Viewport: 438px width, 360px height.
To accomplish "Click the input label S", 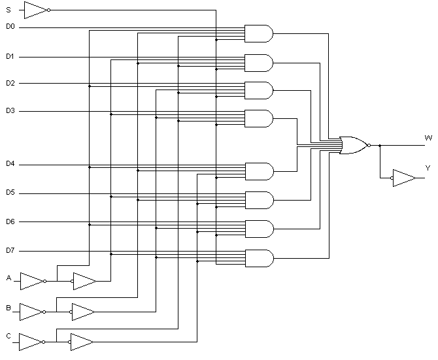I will (x=8, y=10).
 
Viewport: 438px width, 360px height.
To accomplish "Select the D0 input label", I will (x=10, y=27).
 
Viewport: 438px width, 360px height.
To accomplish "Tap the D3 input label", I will (x=10, y=111).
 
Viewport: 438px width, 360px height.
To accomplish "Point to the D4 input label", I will (x=10, y=163).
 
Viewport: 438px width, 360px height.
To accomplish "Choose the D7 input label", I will (x=10, y=250).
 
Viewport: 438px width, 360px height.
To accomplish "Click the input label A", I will (x=9, y=278).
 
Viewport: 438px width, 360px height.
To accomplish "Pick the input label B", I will (x=9, y=306).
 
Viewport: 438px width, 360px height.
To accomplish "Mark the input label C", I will (x=9, y=336).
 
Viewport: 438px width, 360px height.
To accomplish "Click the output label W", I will (x=428, y=138).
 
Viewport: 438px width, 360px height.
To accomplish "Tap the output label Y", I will (x=428, y=168).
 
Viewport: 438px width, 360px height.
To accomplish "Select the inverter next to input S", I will (x=35, y=10).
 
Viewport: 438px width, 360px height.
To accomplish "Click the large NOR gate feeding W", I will (x=354, y=145).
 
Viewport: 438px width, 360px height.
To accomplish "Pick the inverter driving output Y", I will (x=403, y=178).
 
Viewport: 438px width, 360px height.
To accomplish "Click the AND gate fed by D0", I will (x=258, y=33).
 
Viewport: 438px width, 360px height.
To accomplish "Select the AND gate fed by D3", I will (x=258, y=118).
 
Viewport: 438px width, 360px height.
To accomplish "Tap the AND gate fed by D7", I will (x=258, y=258).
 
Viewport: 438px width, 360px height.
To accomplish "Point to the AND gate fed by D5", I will (x=258, y=200).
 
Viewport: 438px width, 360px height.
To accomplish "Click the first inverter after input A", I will (x=31, y=281).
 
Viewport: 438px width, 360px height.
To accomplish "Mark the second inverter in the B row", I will (x=82, y=312).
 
